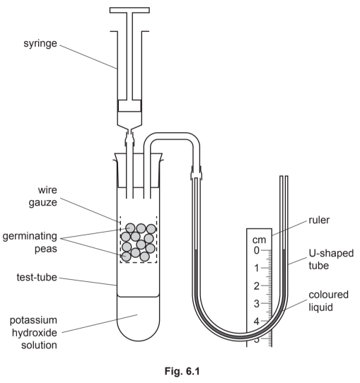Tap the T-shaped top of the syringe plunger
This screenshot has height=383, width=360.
pyautogui.click(x=134, y=11)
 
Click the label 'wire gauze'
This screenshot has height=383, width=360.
pyautogui.click(x=54, y=197)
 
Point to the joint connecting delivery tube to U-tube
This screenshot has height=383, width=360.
pyautogui.click(x=196, y=170)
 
